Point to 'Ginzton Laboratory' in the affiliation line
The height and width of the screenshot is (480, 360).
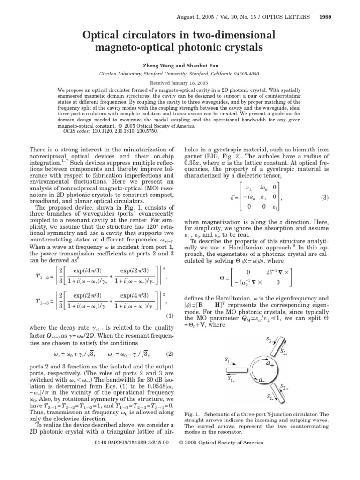(x=119, y=74)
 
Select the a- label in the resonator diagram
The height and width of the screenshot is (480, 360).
(x=262, y=381)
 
